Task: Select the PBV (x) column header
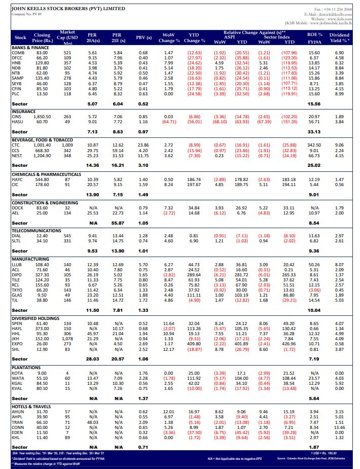(x=143, y=38)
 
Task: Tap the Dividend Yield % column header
(x=339, y=38)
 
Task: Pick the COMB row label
(x=18, y=53)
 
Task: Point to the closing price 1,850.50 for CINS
(x=42, y=117)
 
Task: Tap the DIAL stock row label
(x=17, y=236)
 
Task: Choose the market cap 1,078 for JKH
(x=67, y=338)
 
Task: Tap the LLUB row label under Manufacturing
(x=17, y=265)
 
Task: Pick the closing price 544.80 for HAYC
(x=42, y=180)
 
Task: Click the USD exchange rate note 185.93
(x=334, y=453)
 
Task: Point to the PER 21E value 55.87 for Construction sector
(x=118, y=223)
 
